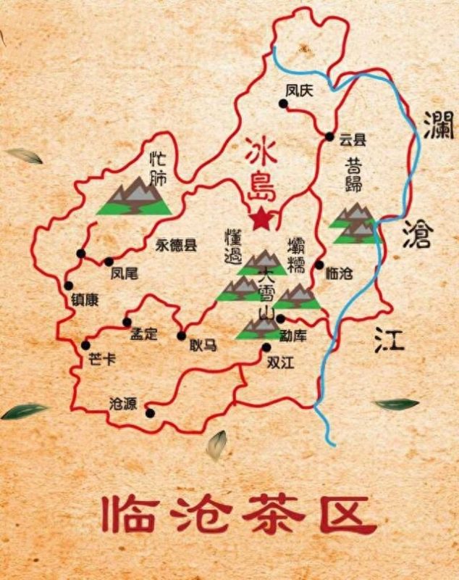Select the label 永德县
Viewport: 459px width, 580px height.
(x=176, y=245)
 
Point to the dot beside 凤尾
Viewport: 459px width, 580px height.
(x=109, y=262)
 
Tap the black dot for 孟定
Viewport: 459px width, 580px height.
(x=127, y=322)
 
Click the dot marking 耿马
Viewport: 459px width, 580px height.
(x=181, y=335)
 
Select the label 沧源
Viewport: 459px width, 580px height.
(x=122, y=404)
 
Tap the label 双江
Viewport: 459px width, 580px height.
(x=280, y=361)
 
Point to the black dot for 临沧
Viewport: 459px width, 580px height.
(x=319, y=265)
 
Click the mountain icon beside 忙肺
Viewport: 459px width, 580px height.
(x=135, y=196)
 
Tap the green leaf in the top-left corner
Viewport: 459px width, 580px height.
(x=25, y=155)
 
